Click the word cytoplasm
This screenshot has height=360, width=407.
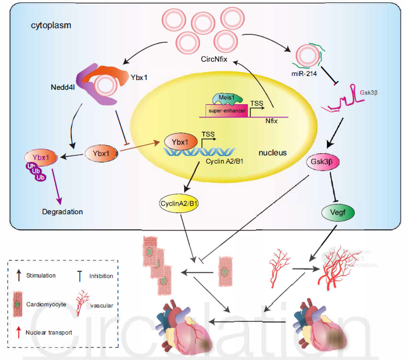[x=51, y=26]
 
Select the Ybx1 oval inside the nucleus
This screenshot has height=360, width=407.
[x=180, y=141]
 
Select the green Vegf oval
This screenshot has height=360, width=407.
[x=337, y=212]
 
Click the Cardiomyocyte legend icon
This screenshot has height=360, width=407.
[x=18, y=302]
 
